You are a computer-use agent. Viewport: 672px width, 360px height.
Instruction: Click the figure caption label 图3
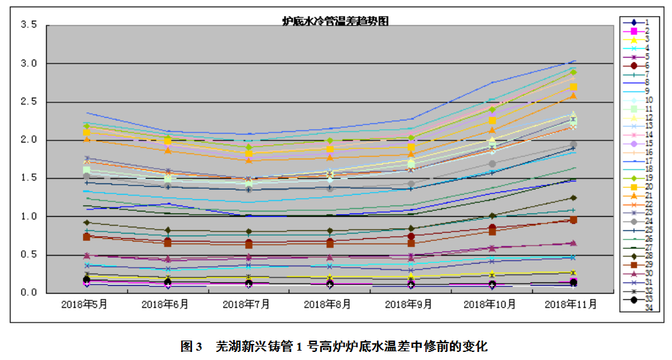191,347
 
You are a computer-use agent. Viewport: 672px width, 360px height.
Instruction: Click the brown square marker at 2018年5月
87,237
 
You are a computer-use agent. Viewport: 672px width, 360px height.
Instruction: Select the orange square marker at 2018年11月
574,87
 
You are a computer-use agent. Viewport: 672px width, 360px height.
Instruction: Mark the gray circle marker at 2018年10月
492,164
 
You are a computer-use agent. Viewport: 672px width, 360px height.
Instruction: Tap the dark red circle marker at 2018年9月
411,236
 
